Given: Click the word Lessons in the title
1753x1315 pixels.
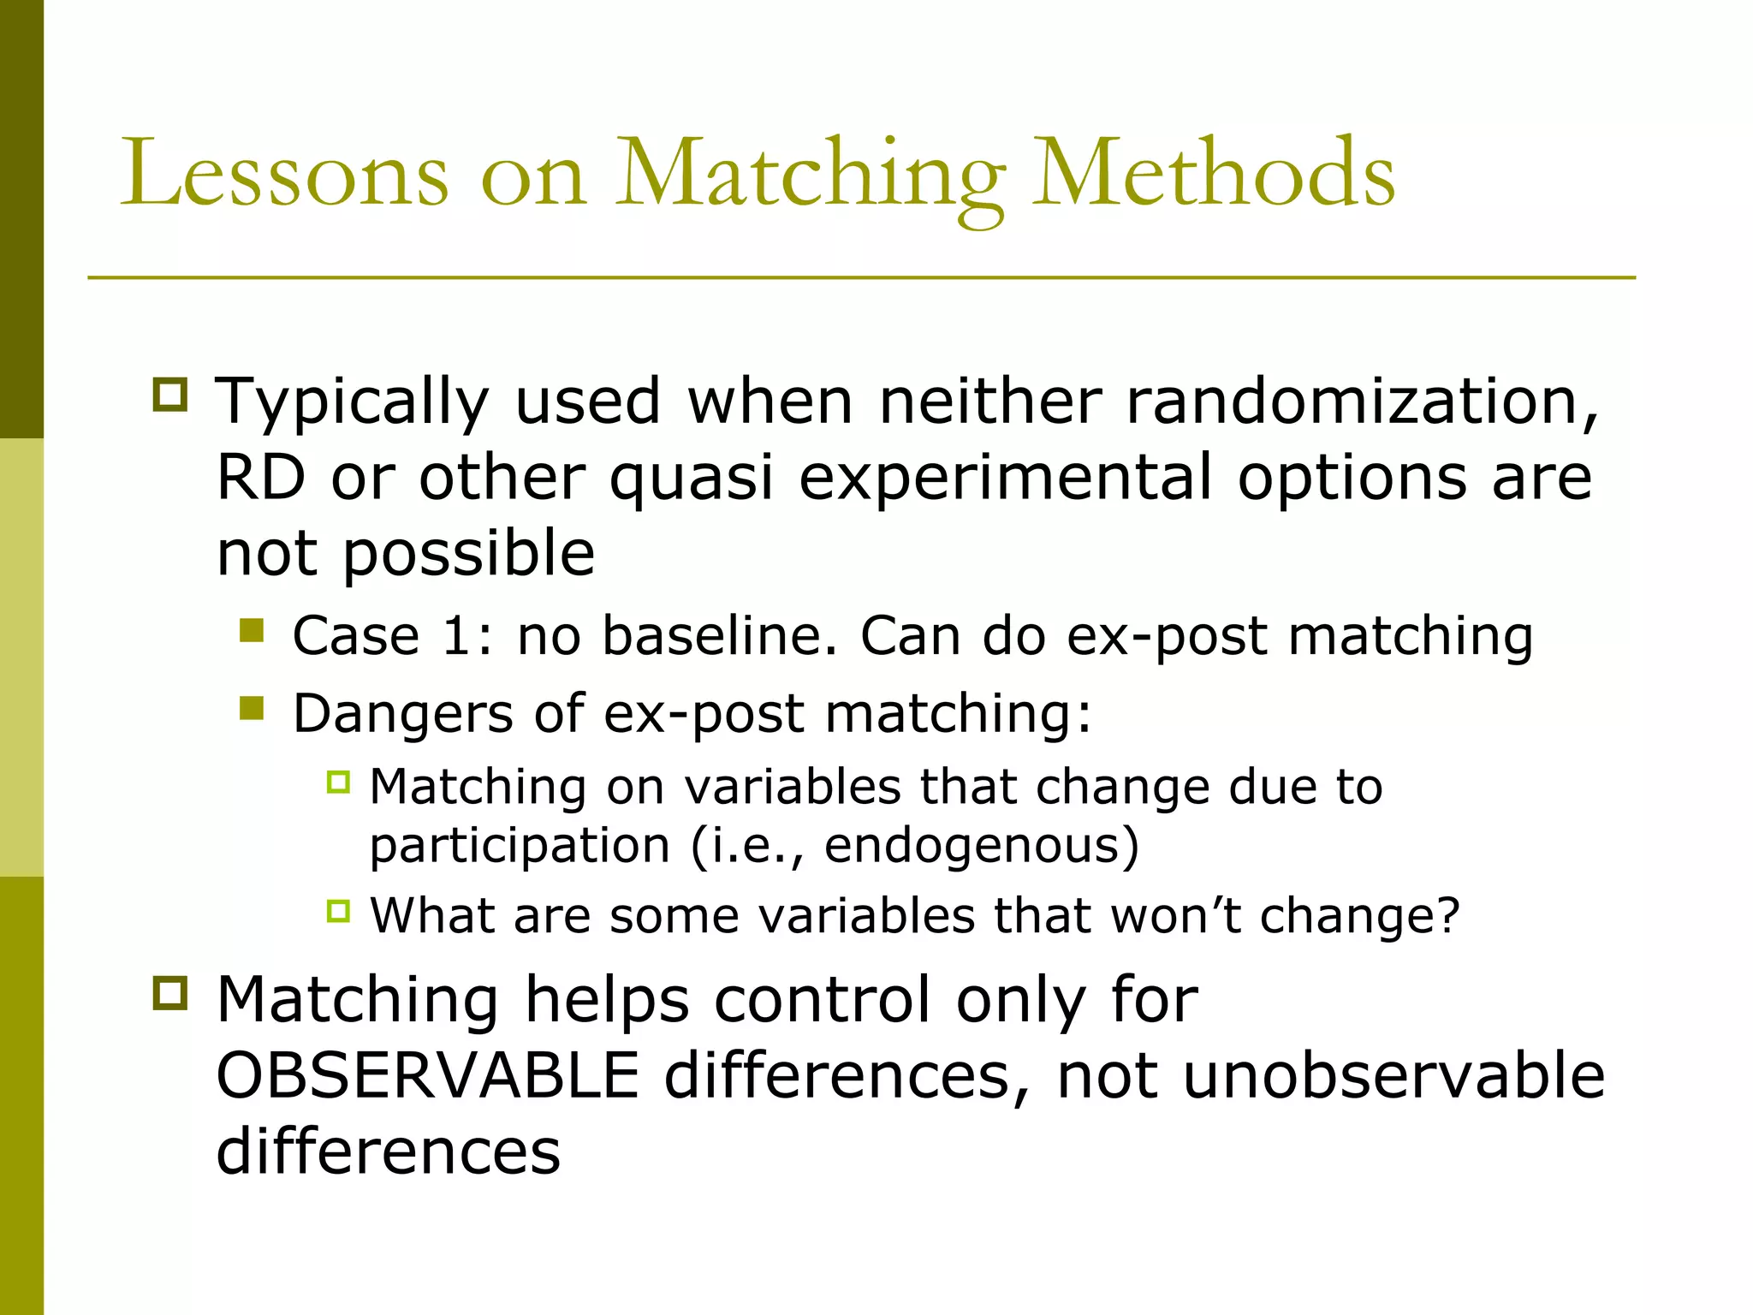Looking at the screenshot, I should point(284,175).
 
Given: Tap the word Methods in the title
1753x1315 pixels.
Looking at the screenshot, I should point(1214,175).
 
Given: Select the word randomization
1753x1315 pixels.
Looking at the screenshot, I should point(1362,401).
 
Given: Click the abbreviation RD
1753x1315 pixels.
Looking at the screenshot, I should point(260,477).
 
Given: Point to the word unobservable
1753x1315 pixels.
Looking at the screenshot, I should point(1393,1075).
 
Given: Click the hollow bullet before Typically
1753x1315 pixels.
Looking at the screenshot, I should point(169,395).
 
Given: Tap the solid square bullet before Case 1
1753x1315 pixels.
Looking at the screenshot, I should point(252,631).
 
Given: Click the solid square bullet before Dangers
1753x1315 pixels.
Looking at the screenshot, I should point(252,708).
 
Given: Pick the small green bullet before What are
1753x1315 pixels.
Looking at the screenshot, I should point(339,911).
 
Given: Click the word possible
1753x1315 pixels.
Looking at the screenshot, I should point(468,555).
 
